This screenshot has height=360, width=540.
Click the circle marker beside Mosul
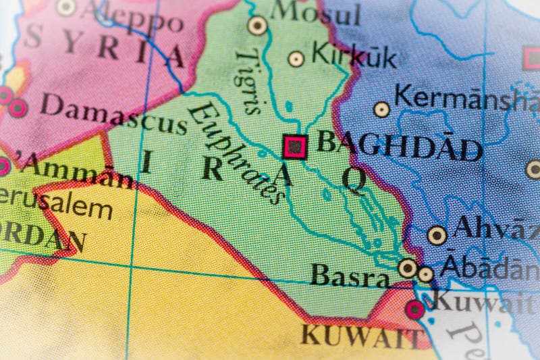point(257,26)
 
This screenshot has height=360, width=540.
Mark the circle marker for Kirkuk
point(296,59)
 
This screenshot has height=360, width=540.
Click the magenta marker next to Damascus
point(17,107)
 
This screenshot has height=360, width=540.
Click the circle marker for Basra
point(407,268)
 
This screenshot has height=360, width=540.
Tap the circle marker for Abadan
point(425,274)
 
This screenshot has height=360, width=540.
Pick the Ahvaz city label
point(496,228)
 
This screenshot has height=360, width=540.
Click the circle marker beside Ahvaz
point(437,235)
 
